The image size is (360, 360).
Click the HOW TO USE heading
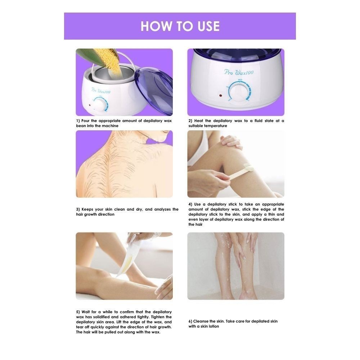tap(180, 26)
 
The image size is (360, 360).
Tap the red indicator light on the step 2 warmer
tap(220, 95)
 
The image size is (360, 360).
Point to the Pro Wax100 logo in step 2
tap(239, 73)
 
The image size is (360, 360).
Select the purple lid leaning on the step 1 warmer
tap(153, 90)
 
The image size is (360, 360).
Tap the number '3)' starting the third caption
tap(78, 210)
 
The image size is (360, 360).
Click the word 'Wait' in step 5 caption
tap(86, 312)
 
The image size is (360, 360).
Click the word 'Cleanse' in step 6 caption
tap(201, 321)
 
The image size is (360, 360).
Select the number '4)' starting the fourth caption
tap(190, 204)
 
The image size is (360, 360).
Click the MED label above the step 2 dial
tap(240, 80)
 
